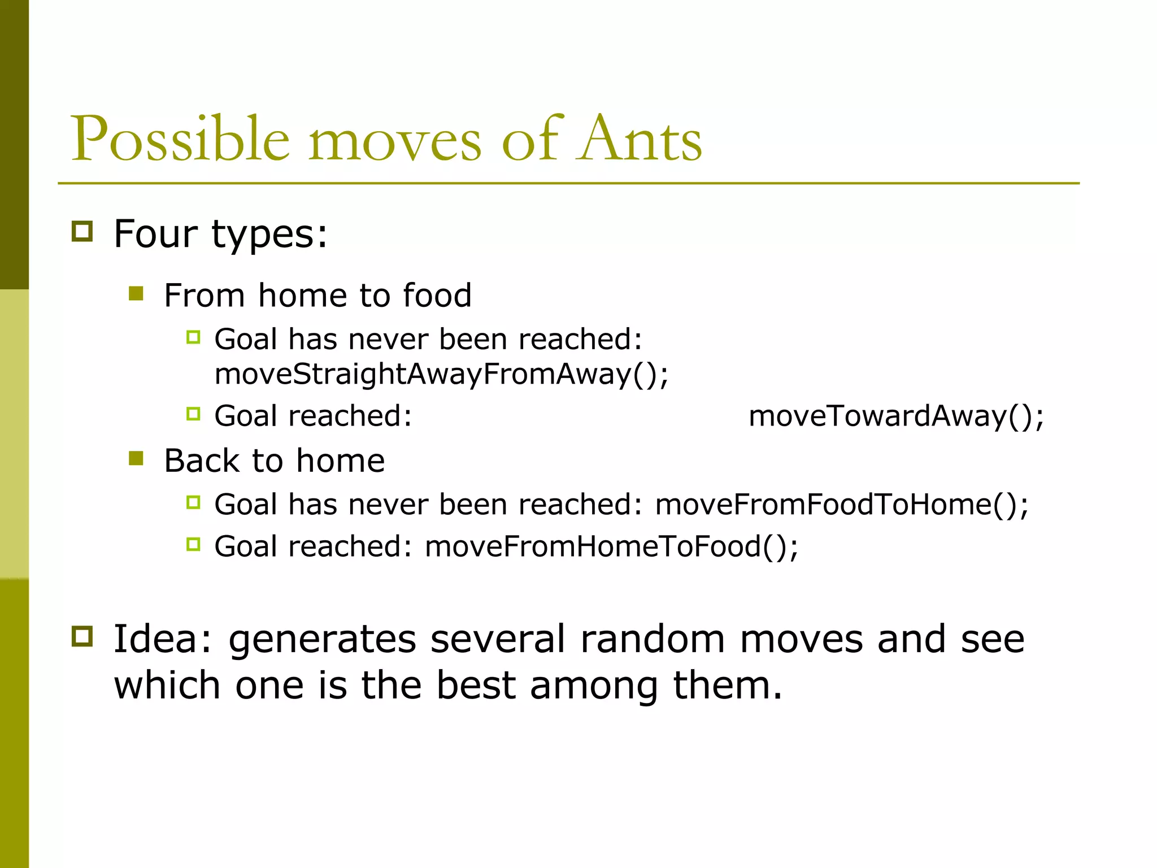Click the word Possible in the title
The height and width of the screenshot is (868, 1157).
[180, 139]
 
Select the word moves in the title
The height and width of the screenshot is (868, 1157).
[395, 141]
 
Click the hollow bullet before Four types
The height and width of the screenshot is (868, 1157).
[82, 232]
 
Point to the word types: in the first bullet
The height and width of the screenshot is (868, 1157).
[269, 235]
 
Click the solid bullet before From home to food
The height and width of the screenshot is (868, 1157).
[136, 293]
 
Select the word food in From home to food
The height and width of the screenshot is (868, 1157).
[437, 295]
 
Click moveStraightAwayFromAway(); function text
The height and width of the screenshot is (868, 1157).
[441, 374]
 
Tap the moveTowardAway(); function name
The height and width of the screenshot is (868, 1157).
[896, 416]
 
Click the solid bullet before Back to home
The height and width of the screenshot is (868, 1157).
[136, 458]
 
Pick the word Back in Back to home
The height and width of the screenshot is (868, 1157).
[202, 460]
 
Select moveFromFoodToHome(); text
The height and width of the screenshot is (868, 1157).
[842, 504]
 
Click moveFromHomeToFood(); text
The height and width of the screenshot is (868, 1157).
[611, 546]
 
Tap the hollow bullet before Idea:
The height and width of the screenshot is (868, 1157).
[82, 636]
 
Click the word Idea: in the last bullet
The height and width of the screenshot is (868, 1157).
[163, 639]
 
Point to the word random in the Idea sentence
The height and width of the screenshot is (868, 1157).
[652, 639]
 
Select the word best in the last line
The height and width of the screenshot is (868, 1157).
[476, 685]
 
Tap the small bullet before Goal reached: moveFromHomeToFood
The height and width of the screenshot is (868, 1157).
[193, 545]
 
